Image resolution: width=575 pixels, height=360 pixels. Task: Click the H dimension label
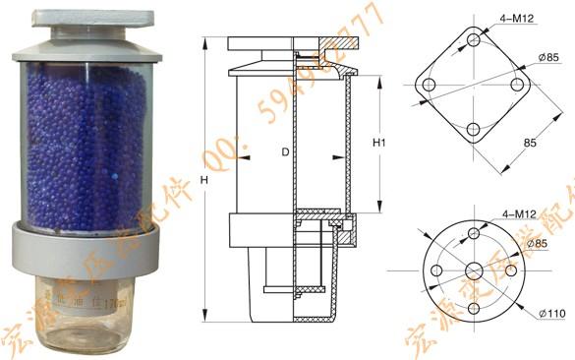click(x=203, y=181)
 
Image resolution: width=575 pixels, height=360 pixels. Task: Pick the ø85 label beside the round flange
click(x=537, y=243)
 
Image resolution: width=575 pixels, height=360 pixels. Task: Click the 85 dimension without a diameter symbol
click(x=530, y=143)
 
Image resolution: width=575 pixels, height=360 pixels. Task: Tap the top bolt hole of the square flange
click(x=475, y=41)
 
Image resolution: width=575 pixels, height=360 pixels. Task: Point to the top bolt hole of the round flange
click(x=475, y=233)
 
